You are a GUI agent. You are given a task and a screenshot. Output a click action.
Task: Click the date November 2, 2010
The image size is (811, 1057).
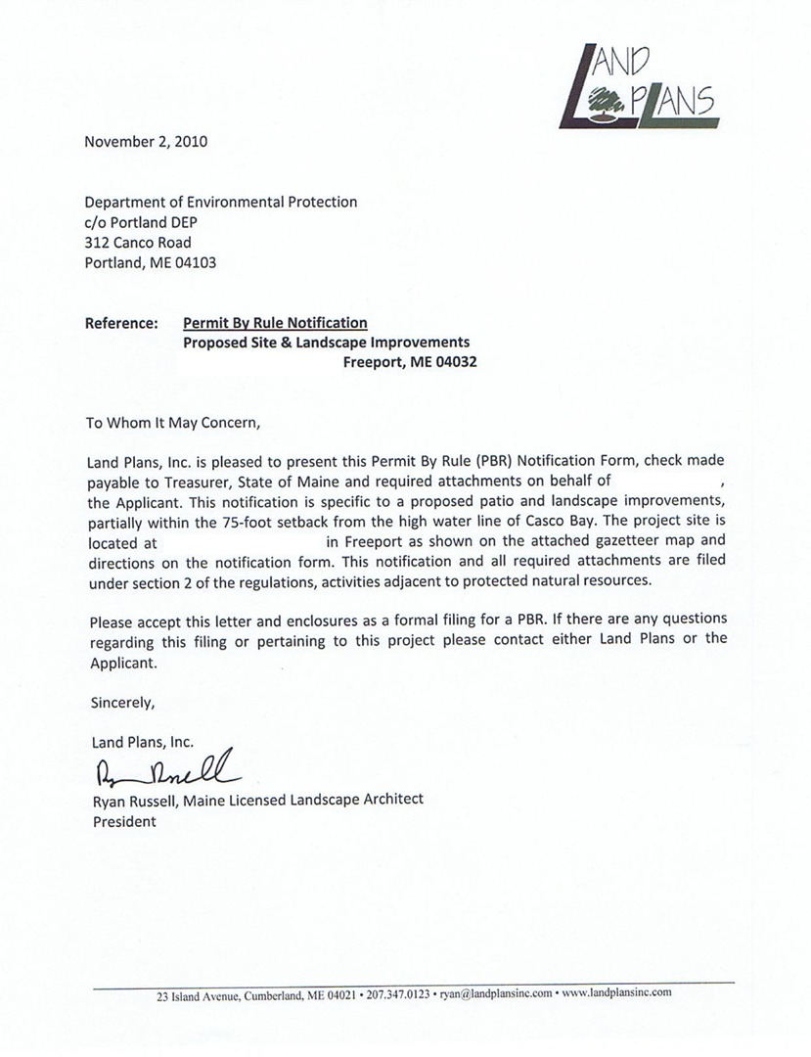[146, 141]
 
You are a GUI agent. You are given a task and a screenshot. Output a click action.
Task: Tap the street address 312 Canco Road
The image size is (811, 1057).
[138, 243]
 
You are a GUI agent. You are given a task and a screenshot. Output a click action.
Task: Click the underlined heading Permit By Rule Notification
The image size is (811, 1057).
[275, 323]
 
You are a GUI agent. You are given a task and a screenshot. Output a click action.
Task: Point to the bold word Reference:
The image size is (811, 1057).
[121, 323]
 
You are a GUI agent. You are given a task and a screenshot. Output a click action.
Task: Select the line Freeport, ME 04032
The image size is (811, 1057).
[410, 362]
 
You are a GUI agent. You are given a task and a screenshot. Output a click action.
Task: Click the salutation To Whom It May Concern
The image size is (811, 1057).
[173, 424]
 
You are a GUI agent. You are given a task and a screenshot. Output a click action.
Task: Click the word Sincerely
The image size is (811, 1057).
[122, 702]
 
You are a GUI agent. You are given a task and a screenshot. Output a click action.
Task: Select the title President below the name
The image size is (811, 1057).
[124, 821]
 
